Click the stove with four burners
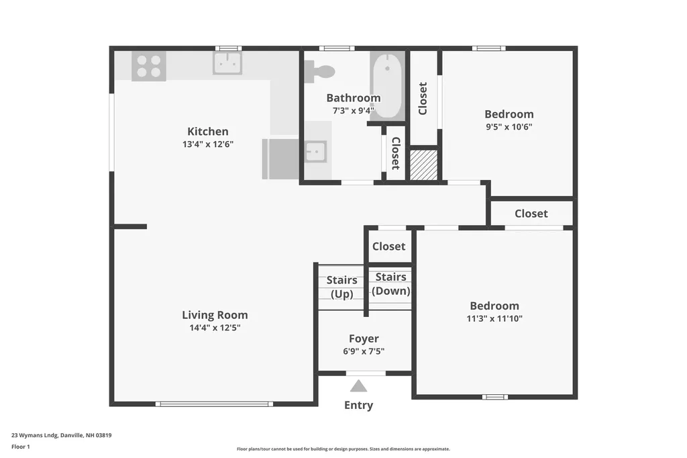(x=148, y=66)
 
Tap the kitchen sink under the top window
(x=227, y=63)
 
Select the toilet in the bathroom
(x=319, y=71)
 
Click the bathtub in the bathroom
(x=387, y=85)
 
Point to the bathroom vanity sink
(x=315, y=152)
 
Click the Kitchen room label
(x=207, y=132)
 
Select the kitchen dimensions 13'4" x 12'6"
(x=207, y=144)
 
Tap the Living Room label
(x=215, y=315)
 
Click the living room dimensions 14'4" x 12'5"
(x=215, y=328)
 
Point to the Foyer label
(x=364, y=339)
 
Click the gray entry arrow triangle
(x=359, y=386)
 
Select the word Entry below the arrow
(x=358, y=405)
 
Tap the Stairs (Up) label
(x=341, y=287)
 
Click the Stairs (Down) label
(x=390, y=284)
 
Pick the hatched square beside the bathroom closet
(x=423, y=165)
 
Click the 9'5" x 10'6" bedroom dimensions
(x=509, y=126)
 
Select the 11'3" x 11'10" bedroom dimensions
(x=494, y=318)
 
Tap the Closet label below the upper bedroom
(x=531, y=214)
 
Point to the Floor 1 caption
(x=21, y=446)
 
